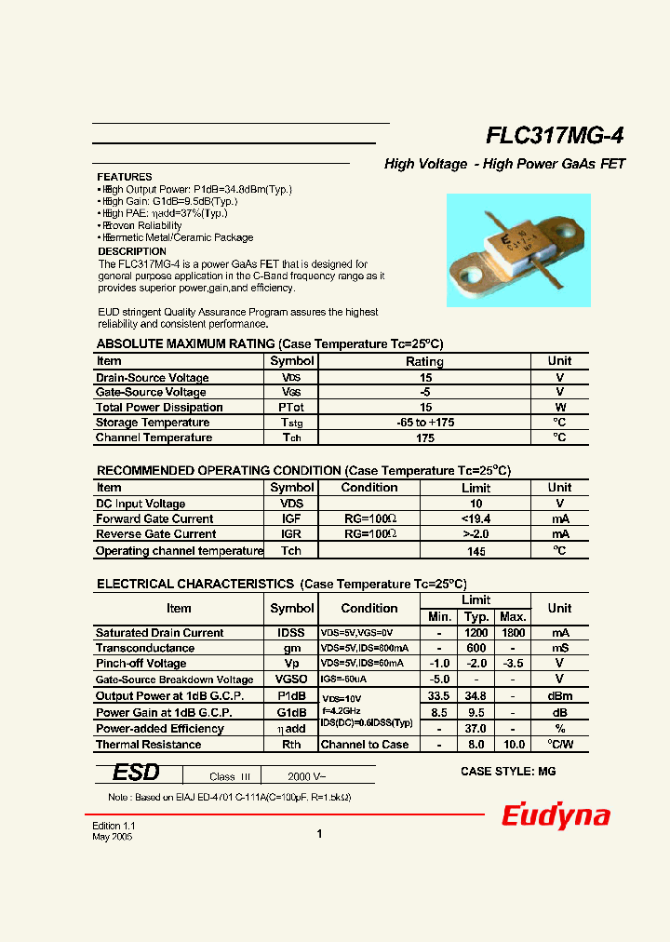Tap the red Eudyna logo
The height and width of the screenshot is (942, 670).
coord(556,816)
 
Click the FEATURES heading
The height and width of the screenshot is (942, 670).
coord(125,177)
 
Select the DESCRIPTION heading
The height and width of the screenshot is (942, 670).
coord(132,251)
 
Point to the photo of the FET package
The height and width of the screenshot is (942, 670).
coord(518,249)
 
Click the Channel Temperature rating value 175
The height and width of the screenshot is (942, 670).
coord(424,437)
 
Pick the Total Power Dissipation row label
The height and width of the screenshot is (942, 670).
coord(159,408)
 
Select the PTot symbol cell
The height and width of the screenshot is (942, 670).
coord(291,408)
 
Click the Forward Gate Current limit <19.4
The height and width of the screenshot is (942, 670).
coord(476,519)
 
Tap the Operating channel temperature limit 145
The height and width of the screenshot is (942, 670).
coord(476,551)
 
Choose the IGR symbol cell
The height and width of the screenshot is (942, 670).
coord(291,534)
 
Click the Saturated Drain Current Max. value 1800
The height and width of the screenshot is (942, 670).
coord(513,633)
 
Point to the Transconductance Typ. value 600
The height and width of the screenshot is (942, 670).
coord(476,649)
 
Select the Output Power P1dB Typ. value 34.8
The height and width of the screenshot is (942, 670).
coord(476,696)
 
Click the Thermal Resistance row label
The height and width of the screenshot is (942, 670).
coord(149,745)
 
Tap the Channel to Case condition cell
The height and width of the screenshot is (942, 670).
coord(364,745)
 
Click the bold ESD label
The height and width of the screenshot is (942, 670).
coord(136,774)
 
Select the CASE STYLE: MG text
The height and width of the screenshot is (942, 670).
coord(508,772)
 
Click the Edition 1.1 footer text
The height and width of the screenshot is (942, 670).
coord(114,826)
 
